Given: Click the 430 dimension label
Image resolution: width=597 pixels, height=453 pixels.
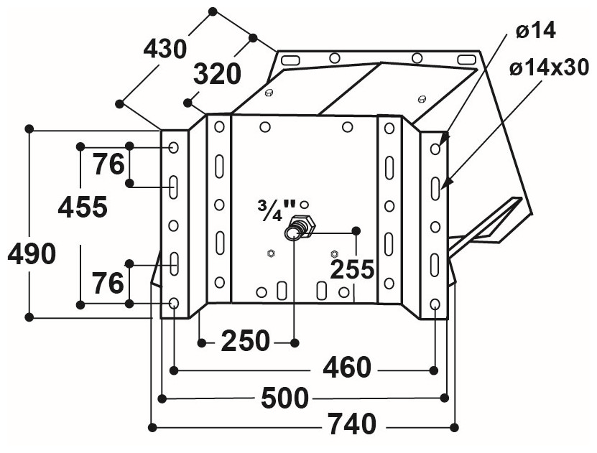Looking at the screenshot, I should point(165,50).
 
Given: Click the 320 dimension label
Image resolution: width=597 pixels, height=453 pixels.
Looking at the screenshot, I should point(217,74).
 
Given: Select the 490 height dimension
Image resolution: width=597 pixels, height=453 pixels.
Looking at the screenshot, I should point(32,254).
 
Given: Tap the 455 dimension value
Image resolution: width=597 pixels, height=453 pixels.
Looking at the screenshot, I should point(83,207).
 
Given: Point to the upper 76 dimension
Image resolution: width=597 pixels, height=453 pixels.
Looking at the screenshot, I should point(108,164).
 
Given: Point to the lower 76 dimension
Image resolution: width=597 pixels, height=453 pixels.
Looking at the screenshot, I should point(108,284).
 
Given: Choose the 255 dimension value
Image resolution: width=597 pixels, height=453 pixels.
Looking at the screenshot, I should point(352,270).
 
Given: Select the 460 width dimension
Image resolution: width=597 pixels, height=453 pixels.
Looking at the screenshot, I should point(347,369).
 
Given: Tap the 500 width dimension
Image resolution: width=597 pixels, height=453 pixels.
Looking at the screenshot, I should point(285,397).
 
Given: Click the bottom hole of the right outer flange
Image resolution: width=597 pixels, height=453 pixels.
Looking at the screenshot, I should point(435,304).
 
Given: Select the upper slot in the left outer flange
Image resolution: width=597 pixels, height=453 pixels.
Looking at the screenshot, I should point(174,186).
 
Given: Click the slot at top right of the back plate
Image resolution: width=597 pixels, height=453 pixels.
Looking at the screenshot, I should point(466,58).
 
